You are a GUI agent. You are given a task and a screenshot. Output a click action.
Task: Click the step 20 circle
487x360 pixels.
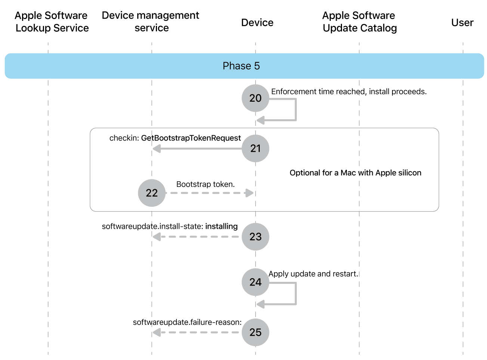255,98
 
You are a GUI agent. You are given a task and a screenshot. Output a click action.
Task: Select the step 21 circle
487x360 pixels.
255,148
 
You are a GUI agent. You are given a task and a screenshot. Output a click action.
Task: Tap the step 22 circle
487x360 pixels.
152,193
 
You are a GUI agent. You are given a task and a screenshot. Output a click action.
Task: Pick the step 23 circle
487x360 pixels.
255,237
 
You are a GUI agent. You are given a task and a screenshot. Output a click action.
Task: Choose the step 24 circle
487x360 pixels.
255,282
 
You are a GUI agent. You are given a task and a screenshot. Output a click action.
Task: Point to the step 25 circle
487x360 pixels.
255,332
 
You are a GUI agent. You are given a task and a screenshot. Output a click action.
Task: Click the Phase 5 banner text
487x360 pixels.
241,66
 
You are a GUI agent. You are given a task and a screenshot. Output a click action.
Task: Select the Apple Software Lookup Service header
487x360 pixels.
52,22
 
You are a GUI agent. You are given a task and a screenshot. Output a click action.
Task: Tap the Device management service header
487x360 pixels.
151,22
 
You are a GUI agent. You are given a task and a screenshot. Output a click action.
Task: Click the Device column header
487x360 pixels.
257,23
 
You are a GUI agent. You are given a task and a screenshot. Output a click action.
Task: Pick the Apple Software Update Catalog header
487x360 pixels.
359,22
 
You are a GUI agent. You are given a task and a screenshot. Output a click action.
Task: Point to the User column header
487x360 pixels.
462,23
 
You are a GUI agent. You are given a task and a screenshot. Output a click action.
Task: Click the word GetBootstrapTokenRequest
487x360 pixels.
191,138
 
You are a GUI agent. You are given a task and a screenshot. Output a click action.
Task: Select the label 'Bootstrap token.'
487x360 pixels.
205,184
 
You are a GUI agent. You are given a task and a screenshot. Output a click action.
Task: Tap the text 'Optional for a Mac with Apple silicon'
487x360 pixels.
355,173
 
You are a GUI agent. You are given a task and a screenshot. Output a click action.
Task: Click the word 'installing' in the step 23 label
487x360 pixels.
221,227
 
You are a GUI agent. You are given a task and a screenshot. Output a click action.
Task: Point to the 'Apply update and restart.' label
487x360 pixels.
313,274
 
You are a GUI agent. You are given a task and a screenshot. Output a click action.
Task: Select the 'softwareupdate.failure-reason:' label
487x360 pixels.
187,322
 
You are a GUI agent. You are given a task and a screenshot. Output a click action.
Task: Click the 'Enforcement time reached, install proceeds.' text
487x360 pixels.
349,92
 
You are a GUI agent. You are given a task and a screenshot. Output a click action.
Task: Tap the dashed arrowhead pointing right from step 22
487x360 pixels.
249,193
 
